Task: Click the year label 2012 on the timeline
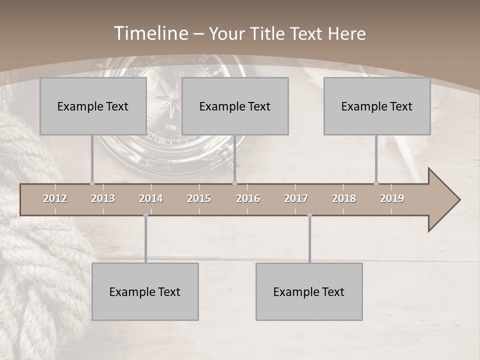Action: (55, 198)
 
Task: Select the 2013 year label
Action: (103, 198)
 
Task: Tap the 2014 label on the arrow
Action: (151, 198)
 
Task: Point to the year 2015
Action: (199, 198)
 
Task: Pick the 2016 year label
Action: (248, 198)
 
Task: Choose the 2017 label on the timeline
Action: (296, 198)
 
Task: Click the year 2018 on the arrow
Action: (344, 198)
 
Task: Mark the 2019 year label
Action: (392, 198)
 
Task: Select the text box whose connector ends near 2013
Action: (93, 106)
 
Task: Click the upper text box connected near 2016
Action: (235, 106)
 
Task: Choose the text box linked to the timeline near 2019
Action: (377, 106)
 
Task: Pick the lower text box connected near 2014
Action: (145, 291)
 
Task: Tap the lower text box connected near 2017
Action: (309, 291)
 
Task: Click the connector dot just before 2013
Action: (92, 183)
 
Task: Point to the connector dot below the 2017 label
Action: (309, 215)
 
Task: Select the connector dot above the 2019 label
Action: (376, 183)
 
